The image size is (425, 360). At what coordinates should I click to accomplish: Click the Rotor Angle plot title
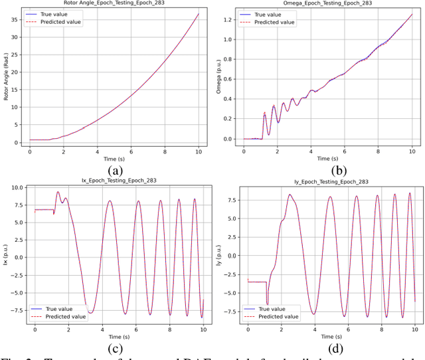coord(114,3)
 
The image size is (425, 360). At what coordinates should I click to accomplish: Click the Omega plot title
coord(327,3)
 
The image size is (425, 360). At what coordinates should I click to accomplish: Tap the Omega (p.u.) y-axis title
coord(220,76)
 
